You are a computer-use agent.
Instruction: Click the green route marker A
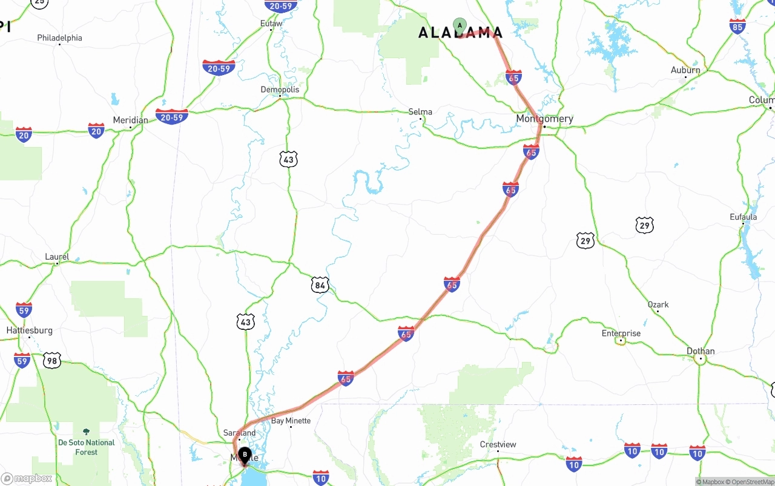pos(460,25)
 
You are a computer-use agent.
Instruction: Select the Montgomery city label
pos(544,119)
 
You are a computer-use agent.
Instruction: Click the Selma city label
pos(420,111)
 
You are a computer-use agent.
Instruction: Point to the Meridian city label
pos(130,120)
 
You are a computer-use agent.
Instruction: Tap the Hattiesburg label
pos(29,330)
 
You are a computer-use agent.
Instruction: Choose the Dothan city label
pos(701,351)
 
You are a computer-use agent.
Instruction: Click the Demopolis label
pos(280,90)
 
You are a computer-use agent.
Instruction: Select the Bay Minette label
pos(291,421)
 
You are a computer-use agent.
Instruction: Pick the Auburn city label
pos(685,70)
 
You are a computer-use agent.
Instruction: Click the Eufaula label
pos(743,217)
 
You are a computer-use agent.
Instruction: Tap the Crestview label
pos(498,444)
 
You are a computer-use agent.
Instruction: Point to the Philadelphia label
pos(59,38)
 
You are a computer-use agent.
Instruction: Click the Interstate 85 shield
pos(737,26)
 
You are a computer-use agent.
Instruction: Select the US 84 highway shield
pos(320,285)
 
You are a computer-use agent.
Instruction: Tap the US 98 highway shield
pos(52,361)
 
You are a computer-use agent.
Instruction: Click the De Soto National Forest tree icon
pos(86,432)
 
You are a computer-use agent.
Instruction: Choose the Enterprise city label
pos(621,333)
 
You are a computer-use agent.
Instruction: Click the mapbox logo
pos(27,478)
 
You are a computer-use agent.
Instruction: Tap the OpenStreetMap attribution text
pos(751,482)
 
